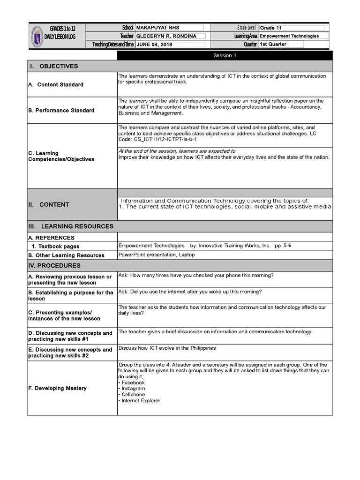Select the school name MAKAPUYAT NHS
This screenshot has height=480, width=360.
[157, 28]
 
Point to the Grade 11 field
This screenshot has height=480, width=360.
[271, 28]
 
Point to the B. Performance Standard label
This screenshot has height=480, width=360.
[61, 111]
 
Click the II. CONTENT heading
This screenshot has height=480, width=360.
[49, 204]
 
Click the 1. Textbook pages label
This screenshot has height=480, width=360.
[56, 247]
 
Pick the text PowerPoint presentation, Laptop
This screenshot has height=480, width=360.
[157, 255]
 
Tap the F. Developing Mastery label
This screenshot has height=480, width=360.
[58, 389]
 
